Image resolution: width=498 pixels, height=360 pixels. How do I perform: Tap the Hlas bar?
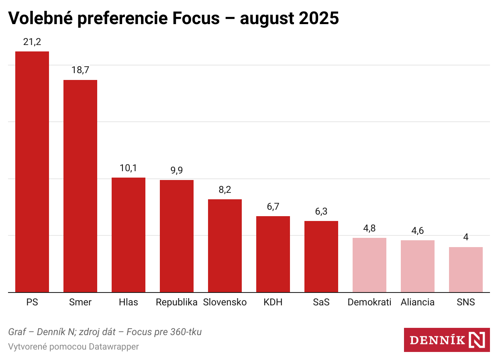click(129, 235)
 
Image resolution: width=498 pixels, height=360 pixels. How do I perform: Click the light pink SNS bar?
click(466, 270)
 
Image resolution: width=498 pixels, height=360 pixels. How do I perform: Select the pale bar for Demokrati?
click(369, 265)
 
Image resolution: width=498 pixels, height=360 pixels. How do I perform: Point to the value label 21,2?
click(32, 41)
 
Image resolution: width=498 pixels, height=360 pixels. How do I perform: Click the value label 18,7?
click(80, 70)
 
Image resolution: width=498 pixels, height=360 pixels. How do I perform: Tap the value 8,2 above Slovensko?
click(225, 189)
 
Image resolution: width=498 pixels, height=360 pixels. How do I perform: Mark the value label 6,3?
click(321, 211)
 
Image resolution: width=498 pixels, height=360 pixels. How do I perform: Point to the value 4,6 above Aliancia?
click(418, 231)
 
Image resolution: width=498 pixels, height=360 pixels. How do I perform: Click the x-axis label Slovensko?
click(225, 302)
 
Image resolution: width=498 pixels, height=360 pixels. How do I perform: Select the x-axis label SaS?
click(321, 302)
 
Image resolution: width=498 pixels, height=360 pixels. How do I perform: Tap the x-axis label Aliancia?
click(418, 302)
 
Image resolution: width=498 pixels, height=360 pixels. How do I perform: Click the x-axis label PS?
click(32, 302)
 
